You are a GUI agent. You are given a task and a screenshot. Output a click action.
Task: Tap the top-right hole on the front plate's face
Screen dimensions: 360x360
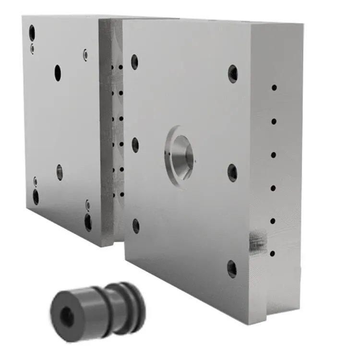coord(233,73)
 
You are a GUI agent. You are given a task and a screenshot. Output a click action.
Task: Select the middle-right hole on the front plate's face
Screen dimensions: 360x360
coord(232,172)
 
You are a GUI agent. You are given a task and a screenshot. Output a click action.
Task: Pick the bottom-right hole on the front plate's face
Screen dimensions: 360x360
coord(232,269)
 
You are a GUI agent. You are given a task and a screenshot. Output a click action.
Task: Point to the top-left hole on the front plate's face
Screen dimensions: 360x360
coord(134,61)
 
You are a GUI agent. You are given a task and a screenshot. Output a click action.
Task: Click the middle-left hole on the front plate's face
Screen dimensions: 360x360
coord(135,144)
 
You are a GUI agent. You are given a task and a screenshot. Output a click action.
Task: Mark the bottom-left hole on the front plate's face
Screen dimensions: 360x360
coord(136,226)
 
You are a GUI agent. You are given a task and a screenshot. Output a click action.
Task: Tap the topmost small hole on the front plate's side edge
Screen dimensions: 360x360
coord(274,88)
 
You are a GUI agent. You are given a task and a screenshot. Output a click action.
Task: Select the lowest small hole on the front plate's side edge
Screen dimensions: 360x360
coord(273,253)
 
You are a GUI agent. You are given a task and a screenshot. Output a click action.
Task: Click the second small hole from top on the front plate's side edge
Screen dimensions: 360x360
coord(274,121)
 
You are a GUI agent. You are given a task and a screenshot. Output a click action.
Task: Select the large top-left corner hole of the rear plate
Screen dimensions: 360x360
coord(32,33)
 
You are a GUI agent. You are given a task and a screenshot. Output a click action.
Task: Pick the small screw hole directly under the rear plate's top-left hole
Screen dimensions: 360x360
coord(32,48)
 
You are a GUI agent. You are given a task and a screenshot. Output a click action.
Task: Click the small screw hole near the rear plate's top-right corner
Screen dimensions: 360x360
coord(85,55)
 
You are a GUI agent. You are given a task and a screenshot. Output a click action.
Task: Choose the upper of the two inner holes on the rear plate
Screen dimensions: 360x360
coord(58,73)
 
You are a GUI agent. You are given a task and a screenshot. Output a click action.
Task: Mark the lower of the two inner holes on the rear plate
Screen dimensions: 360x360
coord(60,172)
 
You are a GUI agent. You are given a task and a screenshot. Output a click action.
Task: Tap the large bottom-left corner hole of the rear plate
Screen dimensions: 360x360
coord(36,196)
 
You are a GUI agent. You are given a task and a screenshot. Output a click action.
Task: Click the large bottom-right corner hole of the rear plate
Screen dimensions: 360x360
coord(88,222)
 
